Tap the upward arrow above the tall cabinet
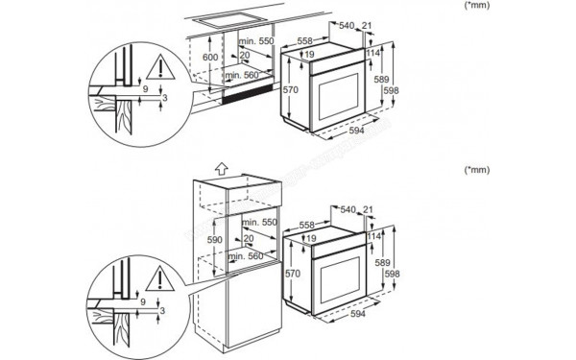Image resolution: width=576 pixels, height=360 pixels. pyautogui.click(x=222, y=166)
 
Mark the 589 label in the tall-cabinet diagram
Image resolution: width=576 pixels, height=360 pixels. pyautogui.click(x=381, y=261)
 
